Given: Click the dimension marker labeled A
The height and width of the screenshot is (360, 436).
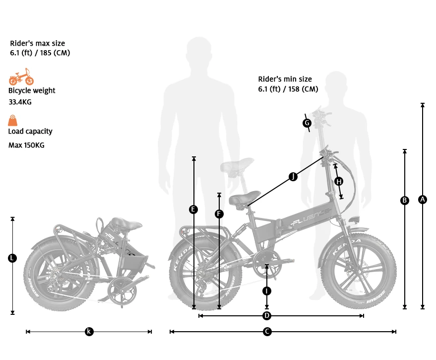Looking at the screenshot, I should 423,200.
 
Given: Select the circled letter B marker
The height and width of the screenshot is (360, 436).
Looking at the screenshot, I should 405,201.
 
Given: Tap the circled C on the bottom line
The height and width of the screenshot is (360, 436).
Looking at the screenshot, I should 267,331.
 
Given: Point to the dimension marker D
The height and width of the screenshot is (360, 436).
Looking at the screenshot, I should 267,316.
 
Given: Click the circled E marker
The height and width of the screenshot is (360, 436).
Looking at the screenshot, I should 193,210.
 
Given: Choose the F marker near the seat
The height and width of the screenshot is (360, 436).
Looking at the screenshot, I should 219,214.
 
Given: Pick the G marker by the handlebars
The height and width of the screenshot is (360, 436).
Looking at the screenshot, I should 307,123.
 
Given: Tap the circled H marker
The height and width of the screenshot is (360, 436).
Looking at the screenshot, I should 338,182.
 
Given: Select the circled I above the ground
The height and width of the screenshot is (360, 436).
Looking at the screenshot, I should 267,291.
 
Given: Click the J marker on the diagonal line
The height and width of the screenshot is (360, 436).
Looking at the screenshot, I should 293,177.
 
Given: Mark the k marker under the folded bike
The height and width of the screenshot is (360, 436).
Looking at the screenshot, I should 89,331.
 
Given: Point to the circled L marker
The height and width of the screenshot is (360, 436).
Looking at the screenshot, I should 13,258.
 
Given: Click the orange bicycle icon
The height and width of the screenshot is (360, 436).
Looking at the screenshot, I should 21,77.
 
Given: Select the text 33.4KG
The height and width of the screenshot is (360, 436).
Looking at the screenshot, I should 20,102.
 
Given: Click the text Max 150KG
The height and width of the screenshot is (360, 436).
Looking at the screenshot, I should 26,145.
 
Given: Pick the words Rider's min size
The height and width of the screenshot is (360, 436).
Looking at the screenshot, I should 285,79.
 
